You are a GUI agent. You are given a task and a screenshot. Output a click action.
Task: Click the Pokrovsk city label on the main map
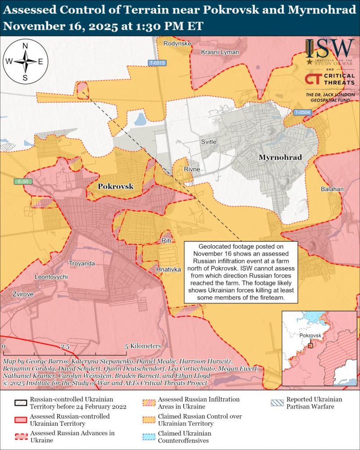pos(116,186)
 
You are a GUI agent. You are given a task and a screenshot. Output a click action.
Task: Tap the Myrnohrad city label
pos(279,157)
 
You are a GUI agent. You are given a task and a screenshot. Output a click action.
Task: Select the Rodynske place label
pos(177,44)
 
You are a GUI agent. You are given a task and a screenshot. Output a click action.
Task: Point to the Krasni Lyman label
pos(220,52)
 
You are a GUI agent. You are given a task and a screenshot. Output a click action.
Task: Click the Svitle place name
pos(208,142)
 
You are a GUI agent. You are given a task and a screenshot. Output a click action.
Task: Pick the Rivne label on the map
pos(192,169)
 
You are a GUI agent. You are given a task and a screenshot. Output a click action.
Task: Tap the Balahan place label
pos(332,189)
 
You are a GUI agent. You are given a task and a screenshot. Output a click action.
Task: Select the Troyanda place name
pos(81,263)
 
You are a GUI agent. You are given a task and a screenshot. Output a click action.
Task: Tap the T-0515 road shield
pos(157,63)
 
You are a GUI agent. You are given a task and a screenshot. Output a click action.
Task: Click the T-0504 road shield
pos(303,112)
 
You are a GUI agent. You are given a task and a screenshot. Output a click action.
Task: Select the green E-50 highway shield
pos(20,182)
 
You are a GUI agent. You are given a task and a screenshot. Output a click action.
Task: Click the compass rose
pos(25,62)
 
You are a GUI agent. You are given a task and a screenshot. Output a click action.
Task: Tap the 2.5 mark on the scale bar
pos(65,346)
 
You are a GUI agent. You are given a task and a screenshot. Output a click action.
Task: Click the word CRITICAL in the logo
pos(337,76)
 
